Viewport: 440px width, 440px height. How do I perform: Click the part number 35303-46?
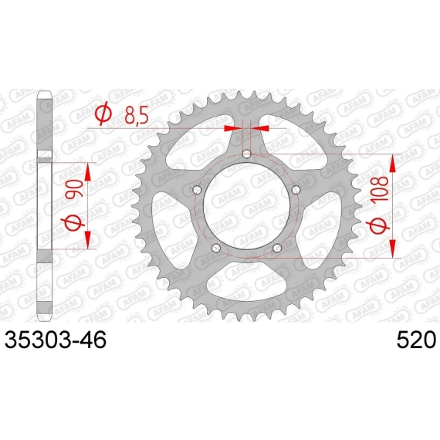coord(56,339)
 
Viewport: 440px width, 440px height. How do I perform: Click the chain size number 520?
coord(416,339)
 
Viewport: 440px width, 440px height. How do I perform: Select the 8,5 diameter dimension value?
coord(137,115)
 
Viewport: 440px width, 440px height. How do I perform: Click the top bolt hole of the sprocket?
coord(246,154)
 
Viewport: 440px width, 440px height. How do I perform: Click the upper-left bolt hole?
coord(198,190)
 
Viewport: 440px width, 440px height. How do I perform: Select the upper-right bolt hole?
coord(296,190)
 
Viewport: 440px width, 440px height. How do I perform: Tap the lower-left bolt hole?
coord(216,248)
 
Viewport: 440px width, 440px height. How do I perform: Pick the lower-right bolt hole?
coord(277,248)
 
